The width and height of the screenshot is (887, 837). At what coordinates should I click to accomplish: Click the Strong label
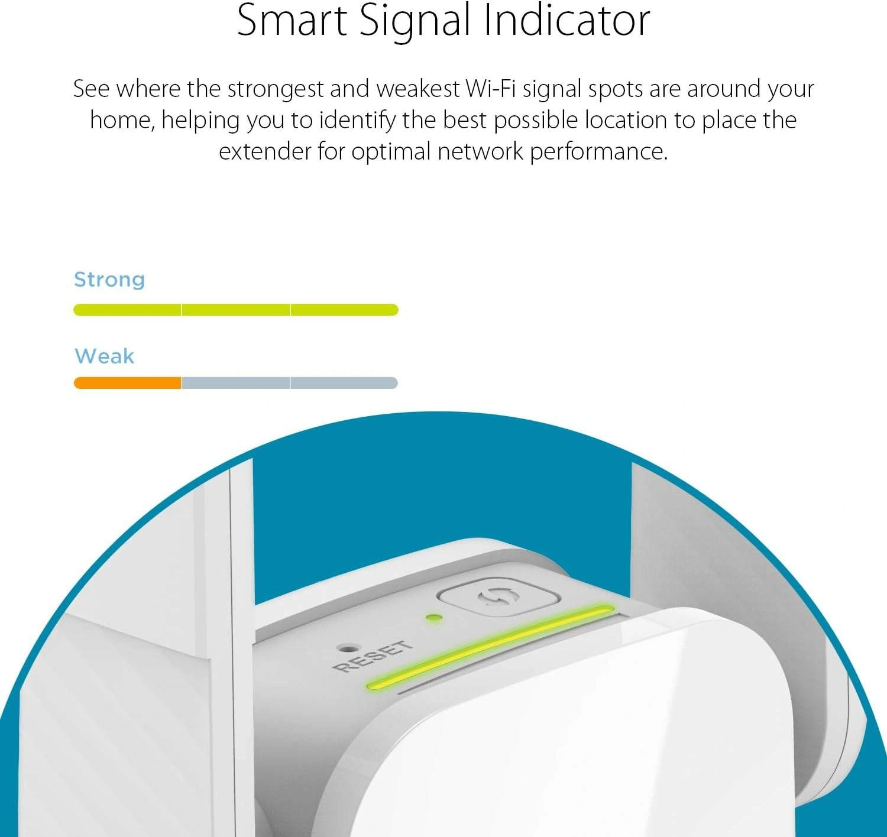tap(109, 280)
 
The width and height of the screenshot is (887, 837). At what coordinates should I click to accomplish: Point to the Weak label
tap(105, 356)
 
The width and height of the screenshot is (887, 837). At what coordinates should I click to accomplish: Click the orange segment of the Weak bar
tap(128, 383)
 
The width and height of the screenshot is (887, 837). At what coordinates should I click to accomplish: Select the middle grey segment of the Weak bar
tap(236, 383)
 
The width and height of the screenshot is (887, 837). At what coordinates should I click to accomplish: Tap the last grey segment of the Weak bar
tap(344, 383)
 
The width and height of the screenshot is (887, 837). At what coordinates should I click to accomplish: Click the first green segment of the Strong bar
tap(127, 310)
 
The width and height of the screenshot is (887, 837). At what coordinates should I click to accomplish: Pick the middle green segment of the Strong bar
tap(236, 310)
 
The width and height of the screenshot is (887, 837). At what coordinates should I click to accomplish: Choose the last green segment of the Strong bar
tap(344, 310)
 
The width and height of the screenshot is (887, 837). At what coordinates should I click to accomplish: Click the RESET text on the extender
tap(372, 656)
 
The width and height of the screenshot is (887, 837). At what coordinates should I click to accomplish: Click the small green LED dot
tap(434, 618)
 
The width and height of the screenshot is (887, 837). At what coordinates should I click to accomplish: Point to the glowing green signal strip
tap(490, 647)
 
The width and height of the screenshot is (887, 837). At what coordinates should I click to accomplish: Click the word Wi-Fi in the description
tap(490, 89)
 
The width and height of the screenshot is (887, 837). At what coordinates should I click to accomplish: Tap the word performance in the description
tap(598, 153)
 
